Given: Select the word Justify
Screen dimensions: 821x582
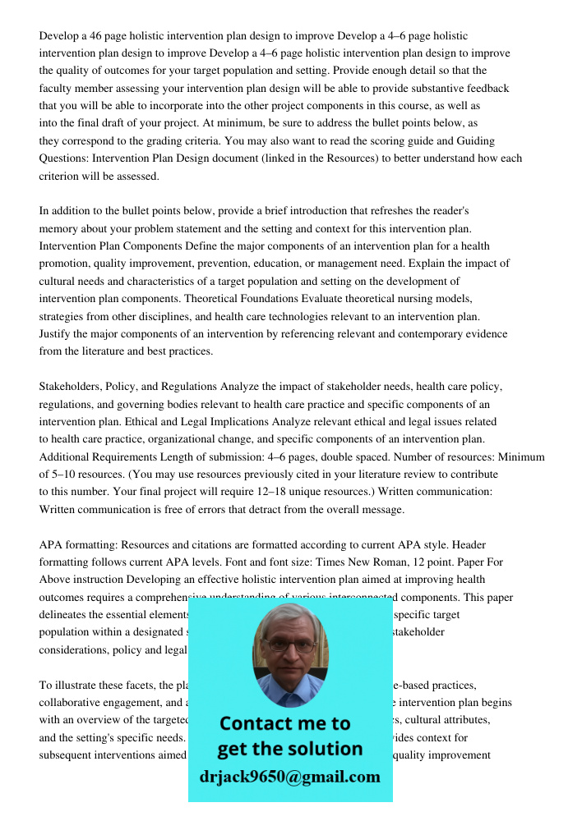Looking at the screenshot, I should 56,334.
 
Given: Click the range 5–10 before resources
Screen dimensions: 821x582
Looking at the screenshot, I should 65,475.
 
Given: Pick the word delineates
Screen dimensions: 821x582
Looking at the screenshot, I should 65,615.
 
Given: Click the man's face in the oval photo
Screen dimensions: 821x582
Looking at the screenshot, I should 289,649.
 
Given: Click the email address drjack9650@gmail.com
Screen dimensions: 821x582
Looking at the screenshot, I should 289,777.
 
